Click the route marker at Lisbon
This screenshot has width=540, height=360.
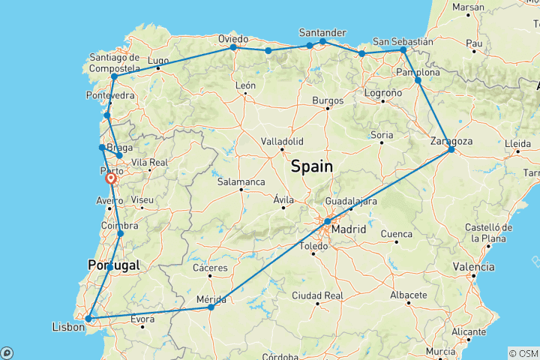click(x=88, y=319)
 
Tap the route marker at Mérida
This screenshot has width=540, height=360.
click(x=211, y=307)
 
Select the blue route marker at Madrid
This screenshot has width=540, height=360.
click(x=328, y=222)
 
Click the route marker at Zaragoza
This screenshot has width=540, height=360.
click(x=451, y=150)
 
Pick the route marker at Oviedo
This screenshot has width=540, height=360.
click(x=233, y=47)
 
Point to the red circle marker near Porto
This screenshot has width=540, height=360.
click(x=111, y=178)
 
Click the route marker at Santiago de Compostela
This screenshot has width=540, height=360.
click(x=114, y=76)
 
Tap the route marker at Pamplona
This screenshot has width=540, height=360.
click(x=418, y=79)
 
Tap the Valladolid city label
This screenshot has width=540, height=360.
click(x=281, y=141)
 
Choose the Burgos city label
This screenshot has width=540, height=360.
click(x=328, y=100)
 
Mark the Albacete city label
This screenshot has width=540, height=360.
click(x=409, y=292)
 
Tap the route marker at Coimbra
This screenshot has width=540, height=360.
click(x=121, y=234)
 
